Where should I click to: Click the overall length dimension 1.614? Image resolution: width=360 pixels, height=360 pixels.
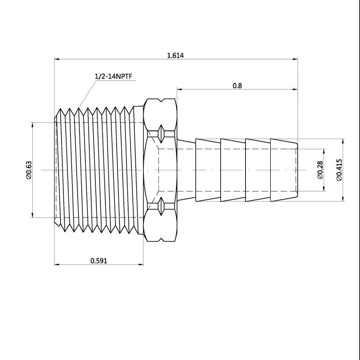click(175, 55)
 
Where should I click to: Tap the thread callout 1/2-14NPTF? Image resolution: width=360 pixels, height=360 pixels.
click(114, 76)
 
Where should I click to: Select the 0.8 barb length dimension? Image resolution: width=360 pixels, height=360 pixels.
click(237, 86)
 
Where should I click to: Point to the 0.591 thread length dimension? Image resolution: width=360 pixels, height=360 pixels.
click(99, 261)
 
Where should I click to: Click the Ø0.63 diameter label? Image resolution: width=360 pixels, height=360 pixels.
click(29, 170)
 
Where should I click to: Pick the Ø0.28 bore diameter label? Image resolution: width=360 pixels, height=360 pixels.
click(320, 170)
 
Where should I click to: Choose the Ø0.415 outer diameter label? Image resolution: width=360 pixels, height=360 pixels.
click(339, 170)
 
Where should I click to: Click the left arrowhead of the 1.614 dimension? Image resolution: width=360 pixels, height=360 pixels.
click(57, 59)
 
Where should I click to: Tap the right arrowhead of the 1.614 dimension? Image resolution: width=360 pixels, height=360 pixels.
click(295, 59)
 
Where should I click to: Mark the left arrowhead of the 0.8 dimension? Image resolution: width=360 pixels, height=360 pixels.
click(179, 90)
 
